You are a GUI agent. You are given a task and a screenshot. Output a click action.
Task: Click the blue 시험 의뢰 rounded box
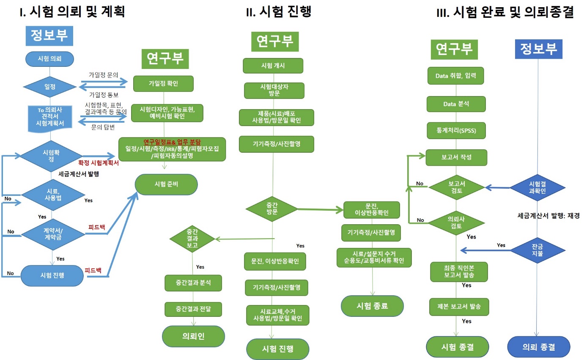(50, 59)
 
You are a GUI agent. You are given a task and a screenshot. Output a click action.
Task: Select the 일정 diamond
(50, 86)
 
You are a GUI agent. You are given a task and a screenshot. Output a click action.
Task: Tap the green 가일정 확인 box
(164, 83)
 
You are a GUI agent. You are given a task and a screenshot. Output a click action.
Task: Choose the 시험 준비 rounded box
(166, 184)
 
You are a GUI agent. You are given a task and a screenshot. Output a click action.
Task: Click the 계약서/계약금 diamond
(52, 233)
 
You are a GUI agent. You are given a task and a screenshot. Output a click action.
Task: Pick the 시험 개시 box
(273, 66)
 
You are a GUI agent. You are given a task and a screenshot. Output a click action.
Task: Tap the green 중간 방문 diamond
(272, 208)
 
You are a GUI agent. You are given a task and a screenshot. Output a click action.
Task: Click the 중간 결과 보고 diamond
(192, 239)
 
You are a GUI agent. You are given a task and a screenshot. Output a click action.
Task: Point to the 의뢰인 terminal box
(193, 336)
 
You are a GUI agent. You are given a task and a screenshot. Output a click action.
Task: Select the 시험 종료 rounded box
(373, 306)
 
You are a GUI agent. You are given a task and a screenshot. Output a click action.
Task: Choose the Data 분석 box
(456, 104)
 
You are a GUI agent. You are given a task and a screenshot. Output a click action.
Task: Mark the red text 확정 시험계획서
(99, 162)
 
